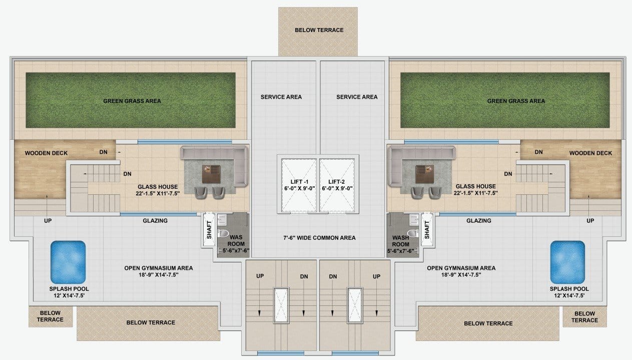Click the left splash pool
(68, 262)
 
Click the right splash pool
(567, 262)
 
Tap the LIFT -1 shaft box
(299, 185)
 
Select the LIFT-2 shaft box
(337, 185)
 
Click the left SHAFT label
(209, 229)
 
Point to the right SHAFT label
(427, 229)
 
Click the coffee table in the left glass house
(211, 174)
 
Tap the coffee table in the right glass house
(425, 174)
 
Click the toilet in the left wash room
(224, 233)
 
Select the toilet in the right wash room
(413, 233)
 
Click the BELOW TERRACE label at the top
(319, 30)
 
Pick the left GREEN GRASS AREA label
(132, 101)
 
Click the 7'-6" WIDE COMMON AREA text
(319, 238)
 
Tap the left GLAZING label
(155, 220)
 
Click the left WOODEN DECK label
(46, 153)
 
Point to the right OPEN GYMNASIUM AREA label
(461, 268)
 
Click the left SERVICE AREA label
(281, 97)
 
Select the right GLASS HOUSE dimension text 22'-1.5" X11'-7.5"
(476, 193)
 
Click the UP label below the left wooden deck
(48, 220)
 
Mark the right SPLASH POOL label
(569, 289)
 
